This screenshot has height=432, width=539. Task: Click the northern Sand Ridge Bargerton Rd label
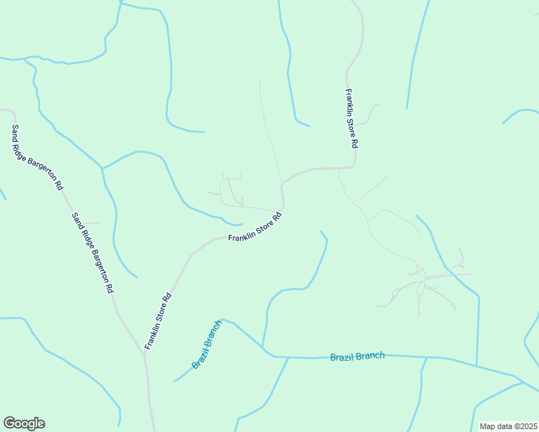click(x=37, y=157)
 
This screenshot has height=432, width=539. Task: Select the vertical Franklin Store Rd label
click(x=351, y=118)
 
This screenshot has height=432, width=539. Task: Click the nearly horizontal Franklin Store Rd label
click(x=254, y=228)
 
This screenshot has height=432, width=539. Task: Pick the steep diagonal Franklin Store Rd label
click(x=158, y=321)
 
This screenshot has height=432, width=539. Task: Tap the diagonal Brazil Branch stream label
click(x=208, y=345)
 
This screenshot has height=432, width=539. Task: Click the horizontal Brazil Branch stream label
click(x=357, y=356)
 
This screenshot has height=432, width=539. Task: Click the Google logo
click(x=24, y=423)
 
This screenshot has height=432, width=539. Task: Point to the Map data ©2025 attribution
click(x=507, y=426)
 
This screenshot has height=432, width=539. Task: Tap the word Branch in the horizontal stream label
click(x=370, y=356)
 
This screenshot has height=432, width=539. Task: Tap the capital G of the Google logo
click(x=9, y=423)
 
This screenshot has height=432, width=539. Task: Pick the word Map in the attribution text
click(x=488, y=426)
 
